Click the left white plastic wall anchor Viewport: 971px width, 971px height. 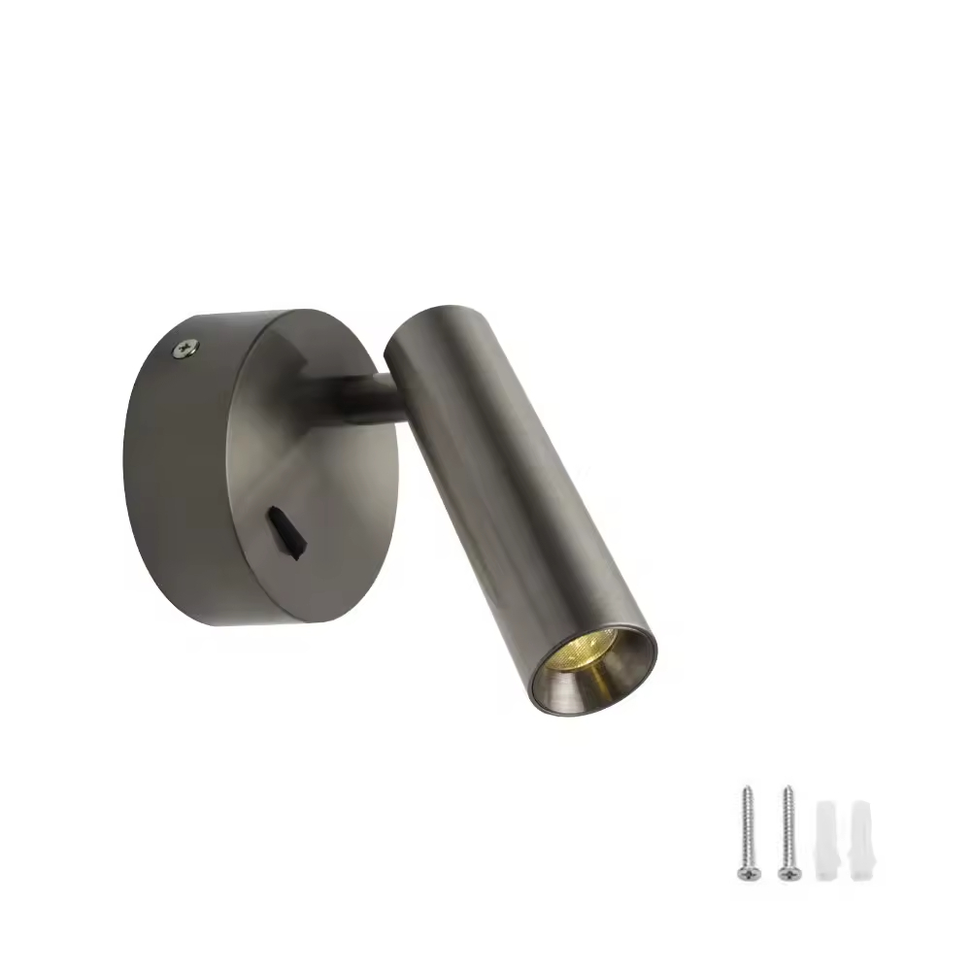point(824,840)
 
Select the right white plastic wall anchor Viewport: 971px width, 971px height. point(860,840)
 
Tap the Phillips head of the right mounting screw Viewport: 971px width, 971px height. point(787,871)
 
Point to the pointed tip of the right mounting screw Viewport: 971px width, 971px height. point(788,788)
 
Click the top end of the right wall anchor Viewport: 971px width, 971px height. point(860,805)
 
